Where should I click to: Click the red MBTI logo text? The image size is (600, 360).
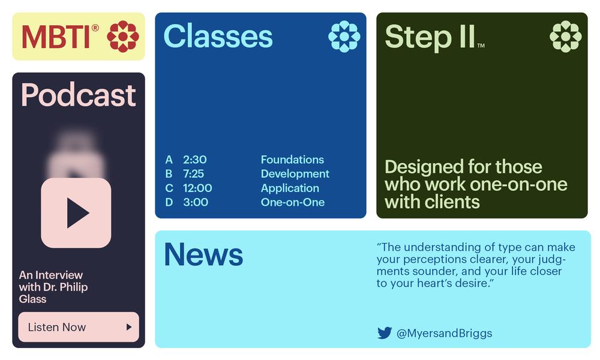tap(56, 37)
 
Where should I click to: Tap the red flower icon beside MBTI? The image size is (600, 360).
tap(123, 37)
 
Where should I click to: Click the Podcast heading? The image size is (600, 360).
tap(79, 95)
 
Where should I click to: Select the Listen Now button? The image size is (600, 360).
tap(79, 327)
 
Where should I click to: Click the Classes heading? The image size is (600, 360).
tap(218, 37)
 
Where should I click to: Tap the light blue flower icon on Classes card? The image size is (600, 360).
tap(344, 37)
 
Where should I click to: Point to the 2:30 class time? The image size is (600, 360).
tap(195, 160)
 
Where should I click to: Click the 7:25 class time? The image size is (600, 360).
tap(194, 173)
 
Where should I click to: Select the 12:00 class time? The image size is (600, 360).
tap(197, 188)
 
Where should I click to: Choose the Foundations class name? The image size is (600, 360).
tap(292, 160)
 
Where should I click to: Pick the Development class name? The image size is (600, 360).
tap(295, 174)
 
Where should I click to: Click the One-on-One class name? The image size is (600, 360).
tap(293, 202)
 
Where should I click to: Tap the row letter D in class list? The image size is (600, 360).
tap(169, 202)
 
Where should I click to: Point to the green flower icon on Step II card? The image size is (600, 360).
tap(566, 37)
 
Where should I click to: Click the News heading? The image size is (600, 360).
tap(203, 254)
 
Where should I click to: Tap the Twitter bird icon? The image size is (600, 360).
tap(385, 333)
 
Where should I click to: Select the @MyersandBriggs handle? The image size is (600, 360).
tap(444, 333)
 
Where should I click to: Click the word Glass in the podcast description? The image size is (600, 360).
tap(32, 299)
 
